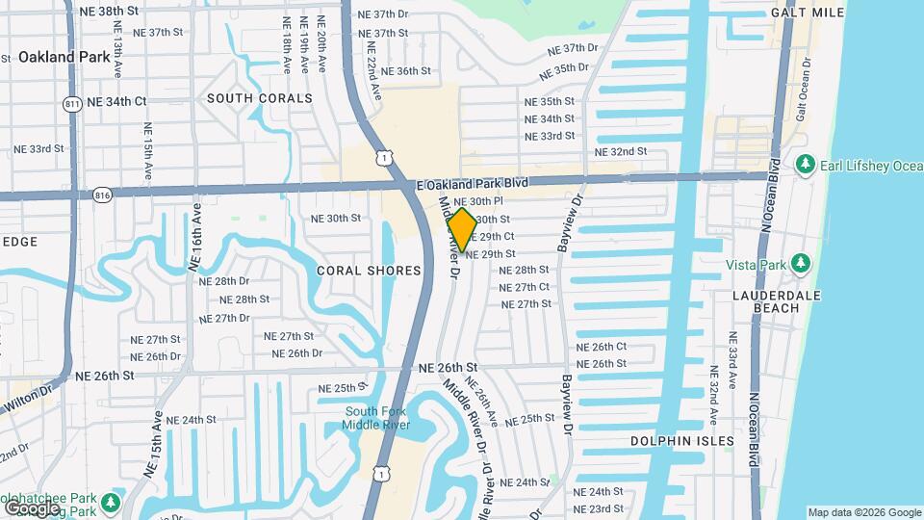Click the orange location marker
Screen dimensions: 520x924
pyautogui.click(x=462, y=230)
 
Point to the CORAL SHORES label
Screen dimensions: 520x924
pyautogui.click(x=370, y=271)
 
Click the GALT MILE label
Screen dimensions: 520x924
pyautogui.click(x=807, y=13)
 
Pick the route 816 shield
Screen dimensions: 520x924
pyautogui.click(x=102, y=195)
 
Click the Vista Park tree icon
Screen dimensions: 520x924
pyautogui.click(x=799, y=264)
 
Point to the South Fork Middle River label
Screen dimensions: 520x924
pyautogui.click(x=377, y=418)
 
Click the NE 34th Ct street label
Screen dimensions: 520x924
pyautogui.click(x=113, y=101)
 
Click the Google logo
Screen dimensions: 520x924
pyautogui.click(x=32, y=507)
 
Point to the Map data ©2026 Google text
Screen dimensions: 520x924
pyautogui.click(x=863, y=512)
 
